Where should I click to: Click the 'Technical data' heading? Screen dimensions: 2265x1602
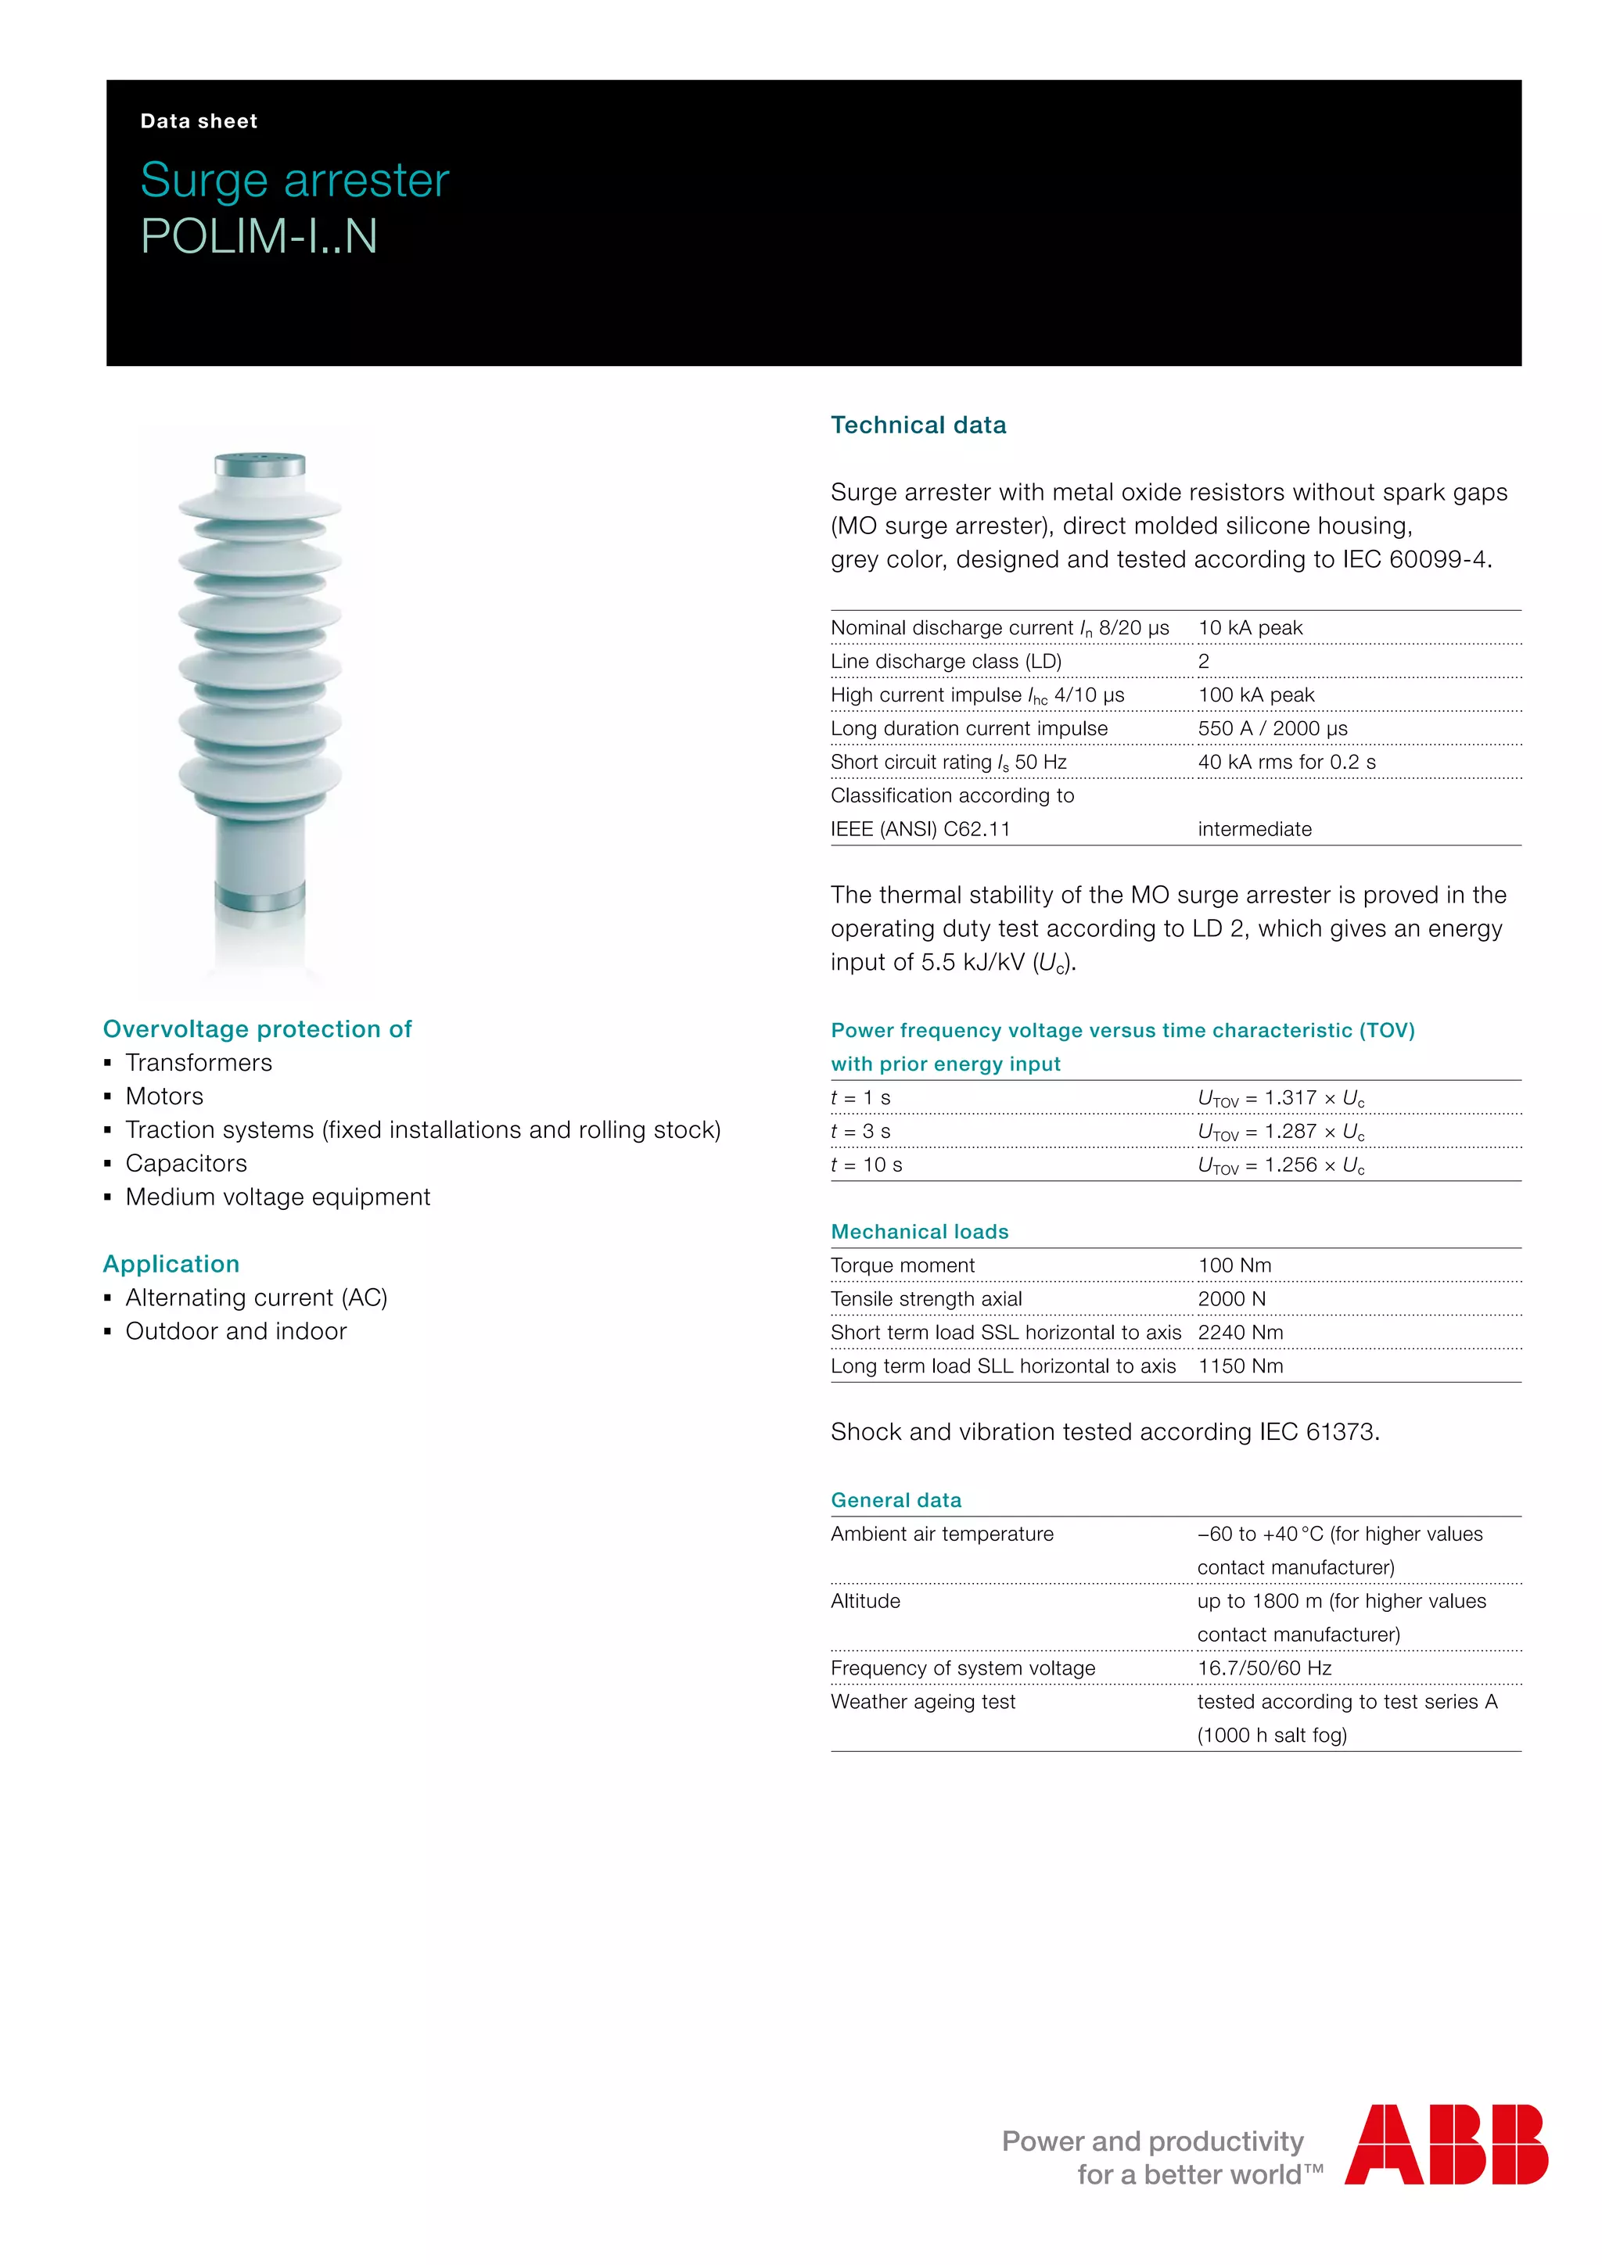pos(918,425)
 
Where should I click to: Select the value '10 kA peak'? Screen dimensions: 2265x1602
pos(1250,628)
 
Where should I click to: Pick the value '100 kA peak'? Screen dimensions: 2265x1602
pos(1255,695)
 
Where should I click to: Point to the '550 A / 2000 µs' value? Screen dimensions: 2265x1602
pos(1273,729)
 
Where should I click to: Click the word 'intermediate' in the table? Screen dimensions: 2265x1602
pos(1254,830)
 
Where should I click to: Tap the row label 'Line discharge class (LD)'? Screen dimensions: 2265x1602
pos(945,662)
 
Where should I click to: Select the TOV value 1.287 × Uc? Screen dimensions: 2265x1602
pos(1281,1132)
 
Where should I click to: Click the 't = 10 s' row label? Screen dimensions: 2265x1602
pos(866,1166)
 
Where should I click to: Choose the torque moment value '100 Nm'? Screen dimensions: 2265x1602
pos(1234,1265)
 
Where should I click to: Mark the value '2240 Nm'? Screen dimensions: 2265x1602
pos(1240,1333)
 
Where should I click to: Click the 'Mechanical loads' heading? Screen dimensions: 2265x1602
pos(919,1232)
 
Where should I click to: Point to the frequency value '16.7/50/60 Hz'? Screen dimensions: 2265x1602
pos(1263,1668)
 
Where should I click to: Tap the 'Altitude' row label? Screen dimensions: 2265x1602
pos(865,1601)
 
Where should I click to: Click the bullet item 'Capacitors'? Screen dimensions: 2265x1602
pos(185,1164)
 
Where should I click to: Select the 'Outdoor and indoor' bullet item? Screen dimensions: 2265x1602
pos(235,1332)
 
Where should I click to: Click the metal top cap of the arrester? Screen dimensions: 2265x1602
pos(260,465)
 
